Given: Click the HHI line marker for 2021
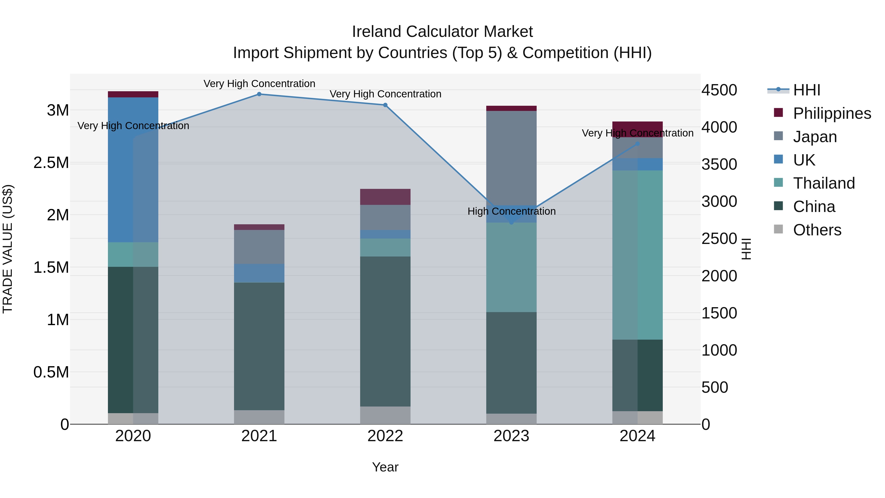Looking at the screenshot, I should (x=259, y=94).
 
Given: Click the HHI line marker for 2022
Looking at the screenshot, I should (x=385, y=105).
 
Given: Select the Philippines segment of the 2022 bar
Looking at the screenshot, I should (x=385, y=197).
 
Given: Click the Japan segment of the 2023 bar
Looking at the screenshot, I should (x=511, y=158).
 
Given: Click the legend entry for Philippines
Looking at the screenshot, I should (x=832, y=113).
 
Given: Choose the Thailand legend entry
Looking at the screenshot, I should (x=824, y=183).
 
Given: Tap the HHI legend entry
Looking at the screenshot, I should (x=806, y=90).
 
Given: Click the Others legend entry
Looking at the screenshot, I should (x=817, y=230).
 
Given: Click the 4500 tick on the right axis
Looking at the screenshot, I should (x=719, y=90).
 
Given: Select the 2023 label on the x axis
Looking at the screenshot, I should (x=511, y=436).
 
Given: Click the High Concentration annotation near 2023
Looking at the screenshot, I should (x=511, y=211).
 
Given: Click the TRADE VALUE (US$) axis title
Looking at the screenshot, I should (x=8, y=249).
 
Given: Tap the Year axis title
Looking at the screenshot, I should (x=385, y=467).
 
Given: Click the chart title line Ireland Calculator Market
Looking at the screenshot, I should (x=442, y=32).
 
